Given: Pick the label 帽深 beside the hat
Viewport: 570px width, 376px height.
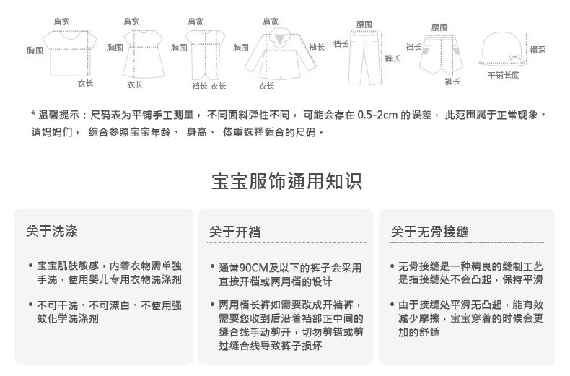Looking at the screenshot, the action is click(538, 50).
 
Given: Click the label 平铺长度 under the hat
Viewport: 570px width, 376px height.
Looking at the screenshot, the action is click(503, 75).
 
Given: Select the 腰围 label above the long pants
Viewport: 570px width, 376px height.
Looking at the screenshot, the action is click(364, 25).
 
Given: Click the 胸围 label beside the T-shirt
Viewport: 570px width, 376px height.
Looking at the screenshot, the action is click(35, 51).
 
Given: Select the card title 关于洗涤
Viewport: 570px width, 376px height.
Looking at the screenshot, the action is click(52, 232).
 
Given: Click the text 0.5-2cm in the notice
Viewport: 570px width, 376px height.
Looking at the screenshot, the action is click(373, 115).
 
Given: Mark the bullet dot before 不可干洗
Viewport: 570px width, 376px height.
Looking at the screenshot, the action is click(30, 305).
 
